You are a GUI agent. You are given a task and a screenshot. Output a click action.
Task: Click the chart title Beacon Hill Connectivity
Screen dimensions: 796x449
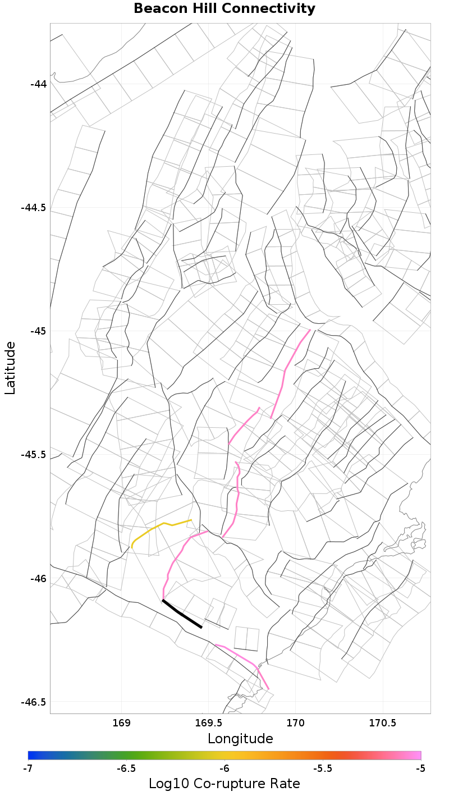[224, 9]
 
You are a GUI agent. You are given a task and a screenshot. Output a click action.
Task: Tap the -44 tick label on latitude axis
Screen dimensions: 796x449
[39, 84]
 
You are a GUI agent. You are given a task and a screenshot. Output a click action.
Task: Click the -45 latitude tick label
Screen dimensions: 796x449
[39, 331]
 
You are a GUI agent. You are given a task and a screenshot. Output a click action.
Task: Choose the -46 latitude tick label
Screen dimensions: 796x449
[39, 578]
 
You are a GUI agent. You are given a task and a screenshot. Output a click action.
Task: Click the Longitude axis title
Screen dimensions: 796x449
[240, 739]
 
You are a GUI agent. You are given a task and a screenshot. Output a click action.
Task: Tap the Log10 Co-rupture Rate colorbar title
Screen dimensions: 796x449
[224, 784]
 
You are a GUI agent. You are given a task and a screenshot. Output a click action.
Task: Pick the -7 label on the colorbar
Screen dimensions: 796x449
[28, 768]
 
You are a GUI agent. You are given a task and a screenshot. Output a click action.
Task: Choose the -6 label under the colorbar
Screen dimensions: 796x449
[224, 768]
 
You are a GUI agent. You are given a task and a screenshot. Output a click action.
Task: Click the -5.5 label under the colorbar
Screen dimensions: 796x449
[323, 768]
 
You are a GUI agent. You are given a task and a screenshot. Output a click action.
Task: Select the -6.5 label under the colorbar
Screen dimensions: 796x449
[126, 768]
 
